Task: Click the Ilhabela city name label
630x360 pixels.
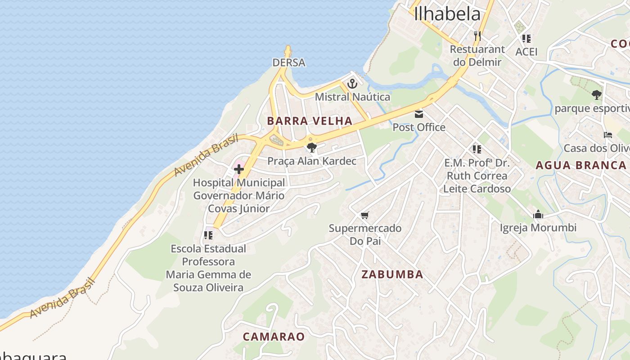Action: pos(447,14)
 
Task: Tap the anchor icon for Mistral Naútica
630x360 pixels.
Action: pos(352,84)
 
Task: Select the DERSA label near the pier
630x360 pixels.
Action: pos(289,63)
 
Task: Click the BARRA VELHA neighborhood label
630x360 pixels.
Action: pos(310,121)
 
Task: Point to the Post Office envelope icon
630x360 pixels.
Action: pos(419,114)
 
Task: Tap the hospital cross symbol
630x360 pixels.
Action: pos(238,170)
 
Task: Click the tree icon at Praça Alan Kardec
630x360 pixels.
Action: pos(311,148)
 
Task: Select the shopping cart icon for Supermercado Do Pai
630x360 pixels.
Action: pos(364,216)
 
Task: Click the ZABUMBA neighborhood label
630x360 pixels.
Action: pos(392,274)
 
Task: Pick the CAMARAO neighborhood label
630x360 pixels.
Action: pos(274,336)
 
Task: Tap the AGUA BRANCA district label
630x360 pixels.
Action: pos(580,165)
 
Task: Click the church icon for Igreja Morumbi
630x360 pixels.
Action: pos(538,215)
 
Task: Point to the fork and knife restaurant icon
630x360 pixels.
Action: pos(477,36)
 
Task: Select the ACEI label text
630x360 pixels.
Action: pos(526,51)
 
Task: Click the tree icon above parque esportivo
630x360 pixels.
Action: pos(596,95)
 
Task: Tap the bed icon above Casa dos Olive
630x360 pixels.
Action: pos(608,135)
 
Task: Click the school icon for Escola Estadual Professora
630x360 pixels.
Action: pos(208,235)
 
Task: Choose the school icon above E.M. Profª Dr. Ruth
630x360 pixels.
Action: pos(477,149)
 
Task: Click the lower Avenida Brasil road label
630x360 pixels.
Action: pos(63,298)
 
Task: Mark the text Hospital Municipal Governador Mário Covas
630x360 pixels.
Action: pos(238,196)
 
